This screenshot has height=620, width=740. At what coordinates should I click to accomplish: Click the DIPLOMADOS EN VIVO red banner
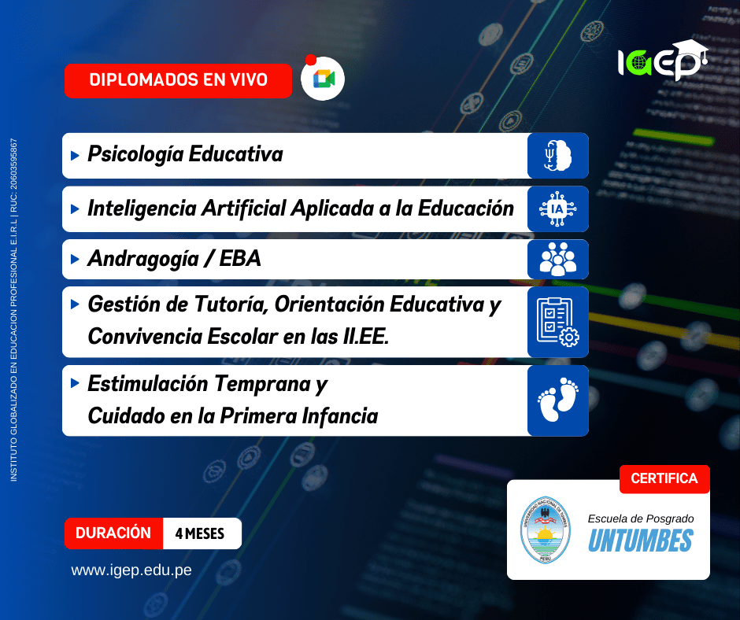(178, 81)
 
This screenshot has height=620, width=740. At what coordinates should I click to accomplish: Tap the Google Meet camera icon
(324, 79)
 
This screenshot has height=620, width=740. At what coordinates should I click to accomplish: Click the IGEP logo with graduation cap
(663, 60)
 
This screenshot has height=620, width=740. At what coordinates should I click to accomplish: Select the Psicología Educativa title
(186, 155)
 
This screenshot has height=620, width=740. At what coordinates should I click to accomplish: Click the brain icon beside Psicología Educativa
(557, 155)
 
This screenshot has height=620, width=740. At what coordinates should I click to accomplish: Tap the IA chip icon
(557, 209)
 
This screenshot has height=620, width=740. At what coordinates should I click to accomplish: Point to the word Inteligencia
(142, 209)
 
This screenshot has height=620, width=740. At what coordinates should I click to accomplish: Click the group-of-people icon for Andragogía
(558, 259)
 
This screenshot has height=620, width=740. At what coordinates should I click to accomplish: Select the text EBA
(240, 259)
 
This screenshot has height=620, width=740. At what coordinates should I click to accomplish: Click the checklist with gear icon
(558, 322)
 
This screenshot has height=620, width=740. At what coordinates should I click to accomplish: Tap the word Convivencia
(145, 337)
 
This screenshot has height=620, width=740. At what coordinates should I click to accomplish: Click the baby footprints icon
(558, 399)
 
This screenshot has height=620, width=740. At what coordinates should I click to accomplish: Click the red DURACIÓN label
(113, 533)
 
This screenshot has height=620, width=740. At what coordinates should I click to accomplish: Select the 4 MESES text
(200, 533)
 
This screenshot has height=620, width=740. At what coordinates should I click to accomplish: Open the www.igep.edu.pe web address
(131, 570)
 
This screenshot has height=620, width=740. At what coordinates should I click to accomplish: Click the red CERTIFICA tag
(664, 479)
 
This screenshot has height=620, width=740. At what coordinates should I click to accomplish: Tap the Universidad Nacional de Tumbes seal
(545, 530)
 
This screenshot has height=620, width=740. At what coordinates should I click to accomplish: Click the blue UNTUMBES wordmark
(641, 541)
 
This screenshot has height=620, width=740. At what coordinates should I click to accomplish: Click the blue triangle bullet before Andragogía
(75, 259)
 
